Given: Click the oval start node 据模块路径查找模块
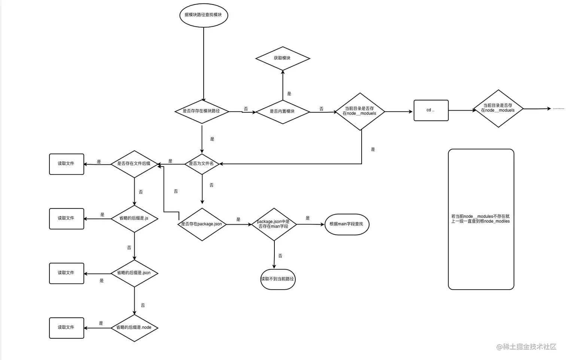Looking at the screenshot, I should [x=203, y=15].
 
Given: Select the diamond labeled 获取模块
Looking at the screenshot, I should [x=283, y=58].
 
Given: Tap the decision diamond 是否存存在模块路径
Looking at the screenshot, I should [x=202, y=111].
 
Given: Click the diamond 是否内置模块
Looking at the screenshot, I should [x=283, y=111].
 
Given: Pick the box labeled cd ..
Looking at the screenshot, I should [x=431, y=110].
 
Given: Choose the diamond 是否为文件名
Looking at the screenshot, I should [x=202, y=164].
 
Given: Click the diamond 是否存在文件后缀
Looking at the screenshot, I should [x=134, y=164].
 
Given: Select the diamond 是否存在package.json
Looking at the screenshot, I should [x=202, y=224].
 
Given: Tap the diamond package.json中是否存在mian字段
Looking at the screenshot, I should [x=274, y=224].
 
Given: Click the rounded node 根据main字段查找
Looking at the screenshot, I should [x=347, y=224].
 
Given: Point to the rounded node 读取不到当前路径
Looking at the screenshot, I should [x=278, y=279].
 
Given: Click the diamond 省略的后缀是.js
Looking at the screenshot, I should [x=134, y=218].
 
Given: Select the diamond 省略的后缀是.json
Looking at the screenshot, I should [x=134, y=273].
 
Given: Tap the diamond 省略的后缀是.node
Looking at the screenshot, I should [x=134, y=327].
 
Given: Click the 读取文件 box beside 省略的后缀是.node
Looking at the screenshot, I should [x=67, y=328].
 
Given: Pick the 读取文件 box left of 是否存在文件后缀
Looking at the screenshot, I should [x=67, y=164].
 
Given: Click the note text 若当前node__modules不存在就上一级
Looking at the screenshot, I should [x=481, y=219].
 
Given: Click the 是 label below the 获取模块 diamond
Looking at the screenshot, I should [x=289, y=94].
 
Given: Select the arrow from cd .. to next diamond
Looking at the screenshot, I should [x=461, y=110].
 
